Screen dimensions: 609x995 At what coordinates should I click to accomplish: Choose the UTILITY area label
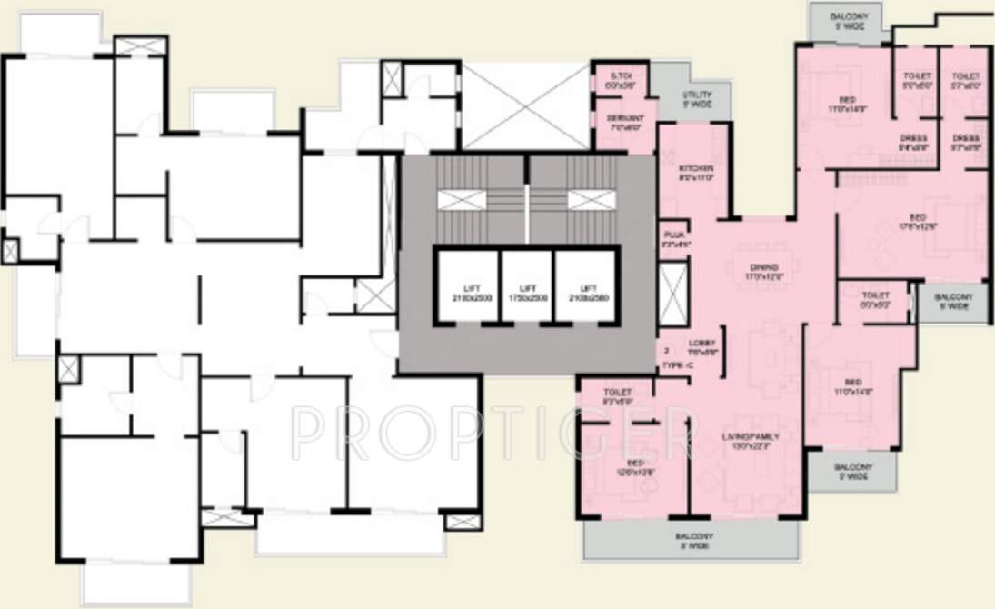[696, 99]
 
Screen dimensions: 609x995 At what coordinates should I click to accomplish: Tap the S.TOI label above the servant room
[621, 80]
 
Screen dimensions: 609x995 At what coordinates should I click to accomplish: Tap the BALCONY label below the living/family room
[693, 541]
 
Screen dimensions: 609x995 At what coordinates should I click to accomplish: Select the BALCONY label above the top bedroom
[850, 20]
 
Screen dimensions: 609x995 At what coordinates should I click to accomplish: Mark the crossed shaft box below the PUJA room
[672, 294]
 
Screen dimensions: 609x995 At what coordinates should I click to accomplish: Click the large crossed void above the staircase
[526, 106]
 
